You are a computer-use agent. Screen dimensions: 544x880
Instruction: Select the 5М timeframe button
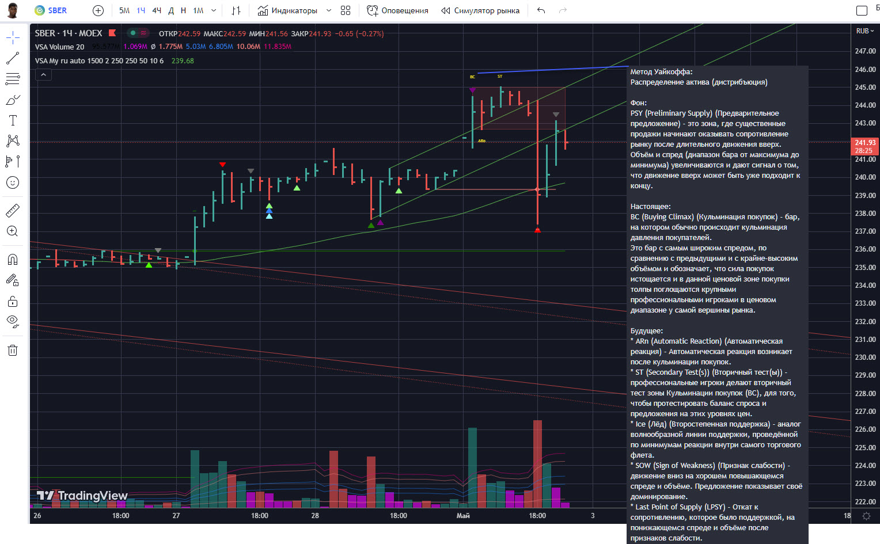124,10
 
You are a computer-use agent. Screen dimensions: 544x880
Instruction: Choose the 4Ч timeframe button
157,10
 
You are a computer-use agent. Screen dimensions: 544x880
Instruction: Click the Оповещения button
398,10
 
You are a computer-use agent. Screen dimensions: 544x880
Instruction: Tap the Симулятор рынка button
480,10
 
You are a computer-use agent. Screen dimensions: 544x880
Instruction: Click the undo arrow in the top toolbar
541,10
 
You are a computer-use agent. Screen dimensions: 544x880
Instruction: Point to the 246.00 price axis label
865,70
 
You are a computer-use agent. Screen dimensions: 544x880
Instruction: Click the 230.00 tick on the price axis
865,357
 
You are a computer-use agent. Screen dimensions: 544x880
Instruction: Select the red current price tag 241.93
864,146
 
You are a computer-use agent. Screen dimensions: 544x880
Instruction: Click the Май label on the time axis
463,516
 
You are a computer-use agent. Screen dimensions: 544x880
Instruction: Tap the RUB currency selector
864,31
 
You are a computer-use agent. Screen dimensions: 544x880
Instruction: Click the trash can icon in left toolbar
13,350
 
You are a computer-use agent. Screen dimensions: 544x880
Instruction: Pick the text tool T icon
13,120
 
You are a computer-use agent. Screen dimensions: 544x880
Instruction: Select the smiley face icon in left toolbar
13,182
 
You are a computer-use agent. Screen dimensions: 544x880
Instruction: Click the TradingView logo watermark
82,496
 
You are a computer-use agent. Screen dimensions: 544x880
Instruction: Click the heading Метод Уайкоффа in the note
661,72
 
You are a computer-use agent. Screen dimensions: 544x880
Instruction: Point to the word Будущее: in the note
646,331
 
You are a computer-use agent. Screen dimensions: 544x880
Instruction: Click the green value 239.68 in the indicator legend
183,61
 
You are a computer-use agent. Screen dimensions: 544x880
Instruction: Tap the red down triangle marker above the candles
223,165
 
